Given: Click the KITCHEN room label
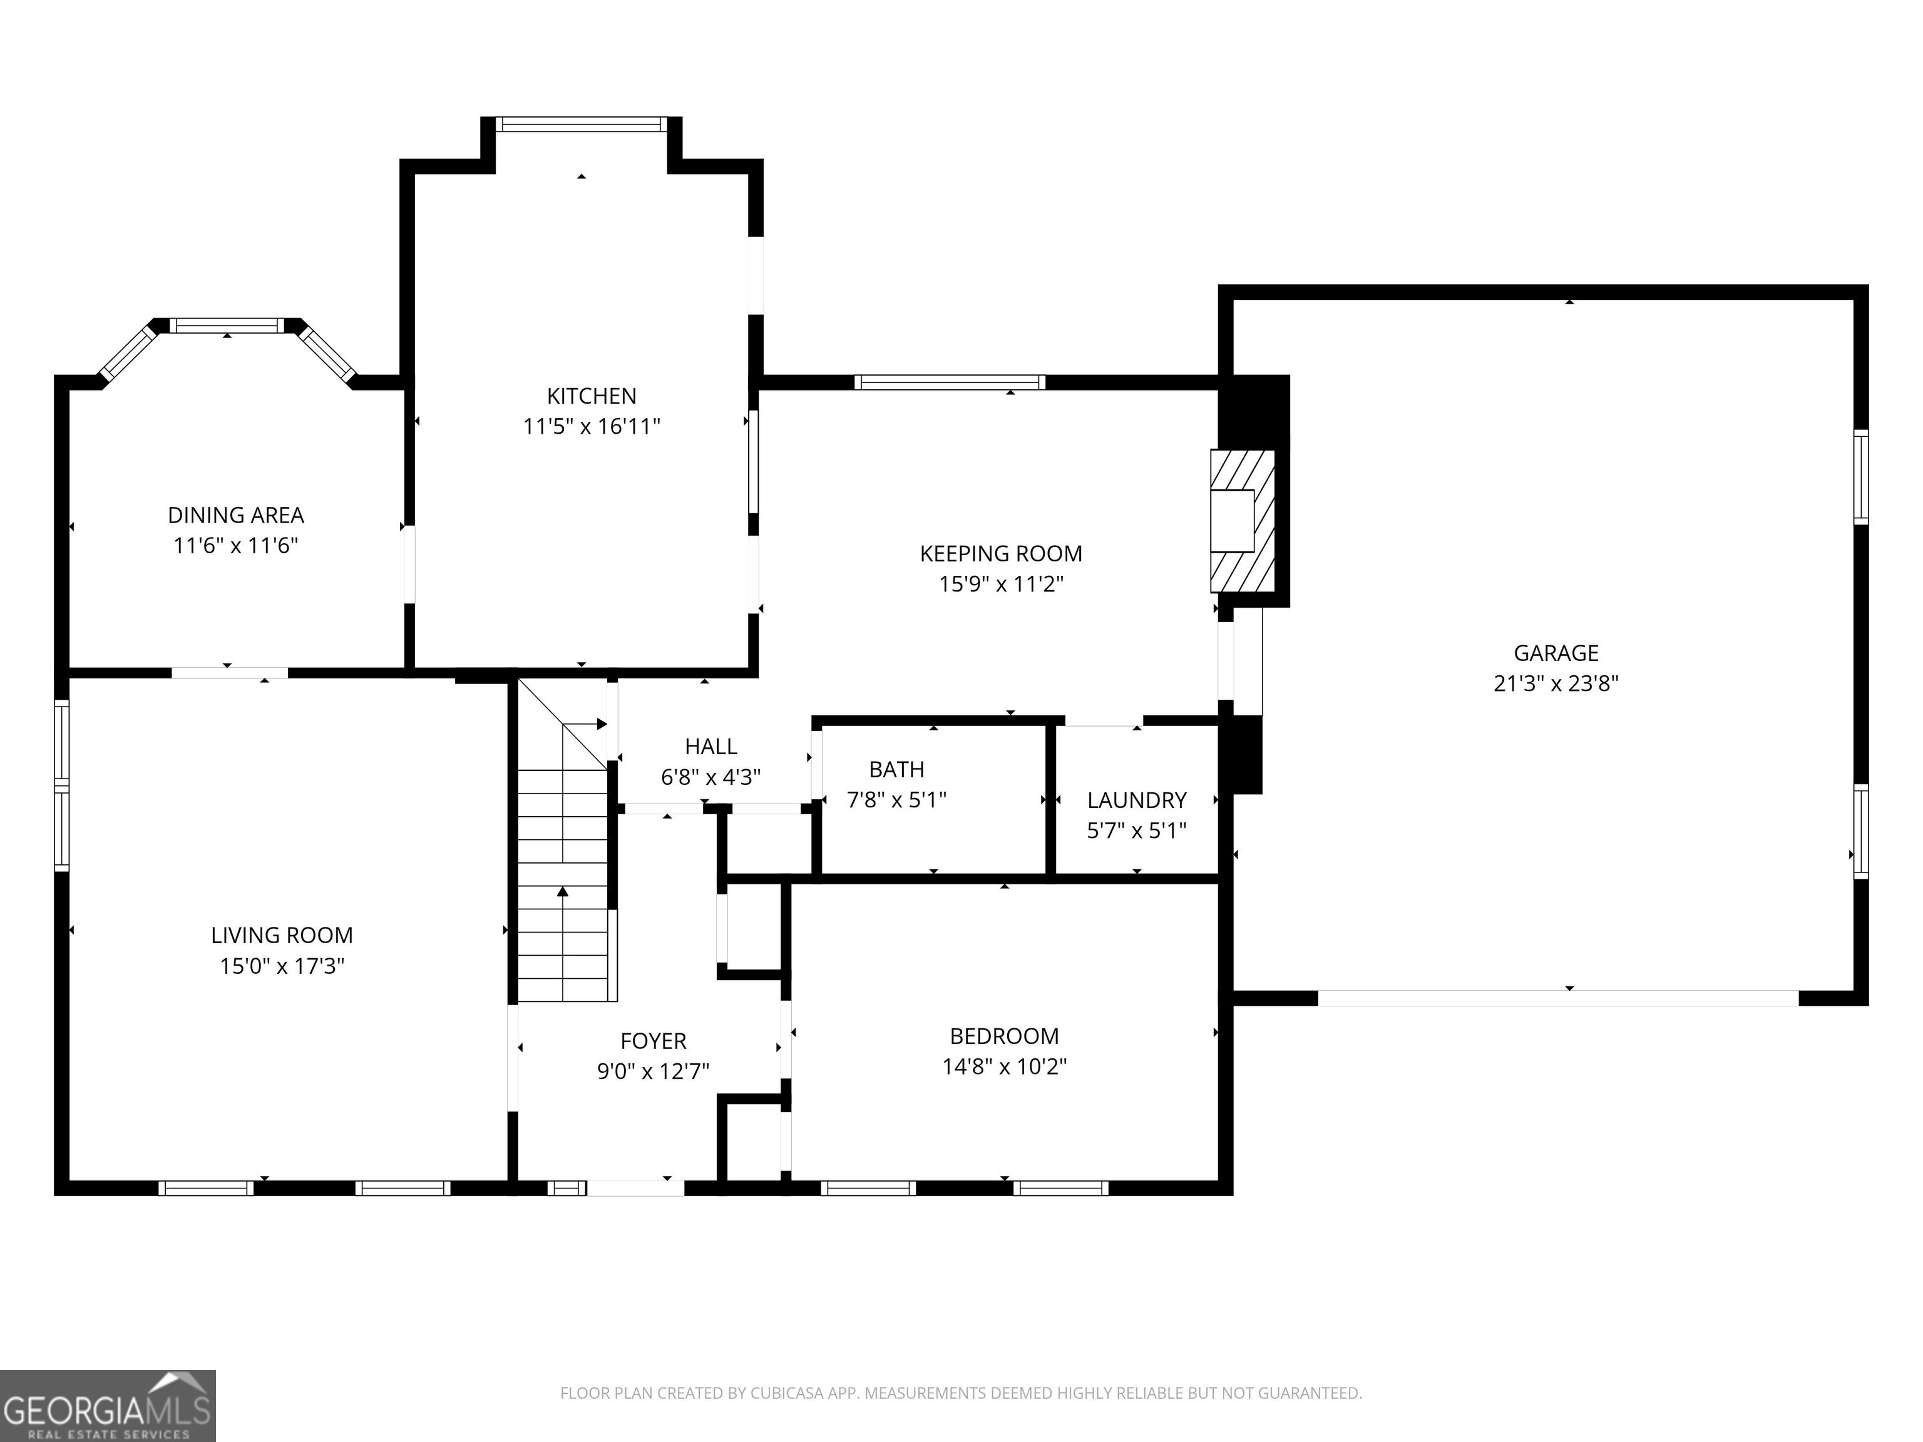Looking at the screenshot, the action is click(x=591, y=396).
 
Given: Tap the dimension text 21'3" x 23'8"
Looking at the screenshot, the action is click(x=1556, y=683).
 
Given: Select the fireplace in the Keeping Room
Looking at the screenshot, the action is click(x=1243, y=521).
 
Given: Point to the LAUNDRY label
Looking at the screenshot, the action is click(x=1136, y=800).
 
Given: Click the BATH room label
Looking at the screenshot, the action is click(x=896, y=769).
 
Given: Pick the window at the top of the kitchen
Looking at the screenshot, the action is click(x=582, y=125).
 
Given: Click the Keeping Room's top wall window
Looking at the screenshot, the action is click(x=950, y=382).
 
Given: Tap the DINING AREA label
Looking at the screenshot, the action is click(x=235, y=516).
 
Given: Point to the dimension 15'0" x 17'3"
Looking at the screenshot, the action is click(x=282, y=966).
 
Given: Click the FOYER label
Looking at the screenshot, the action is click(x=653, y=1041).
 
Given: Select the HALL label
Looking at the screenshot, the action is click(x=710, y=747).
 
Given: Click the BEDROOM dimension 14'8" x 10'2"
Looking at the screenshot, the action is click(x=1004, y=1066).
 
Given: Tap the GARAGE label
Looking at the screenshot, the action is click(x=1556, y=653).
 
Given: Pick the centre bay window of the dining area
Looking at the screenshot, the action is click(x=227, y=326).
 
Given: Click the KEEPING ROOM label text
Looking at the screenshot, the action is click(x=1000, y=554).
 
